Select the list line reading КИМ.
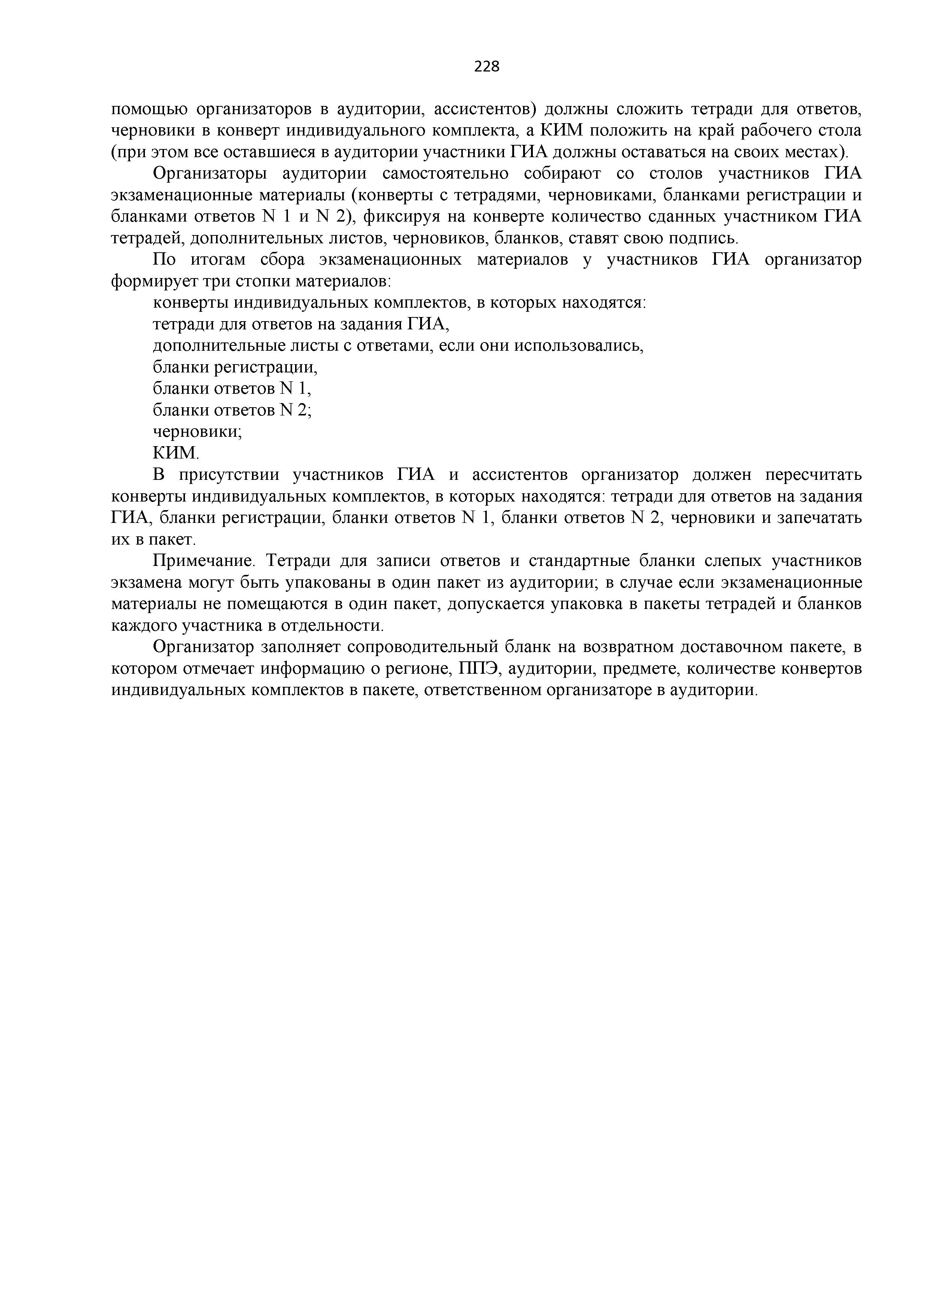click(x=176, y=454)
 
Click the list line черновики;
click(x=197, y=432)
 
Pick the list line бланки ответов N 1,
click(x=232, y=389)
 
